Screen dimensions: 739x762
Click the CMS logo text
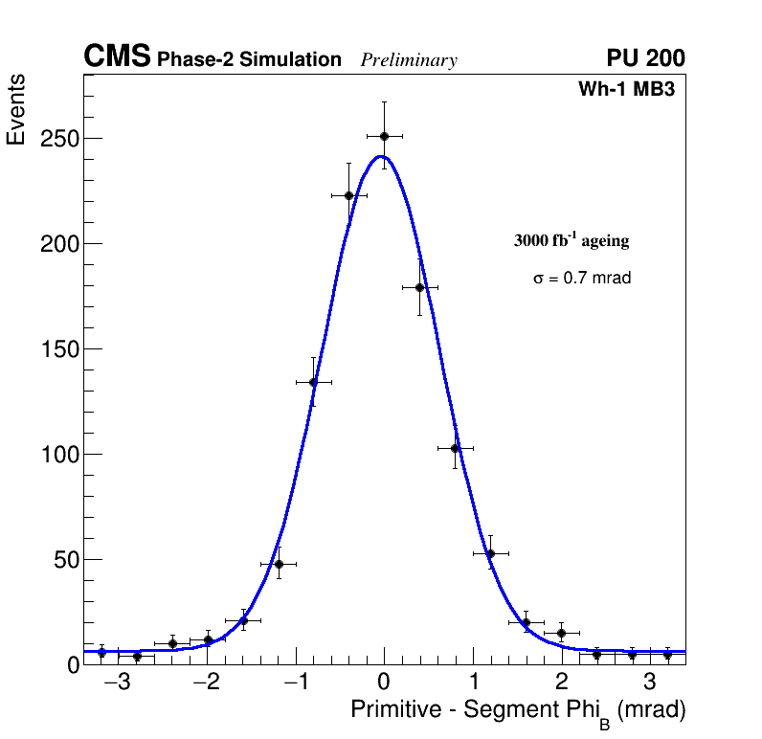(x=117, y=57)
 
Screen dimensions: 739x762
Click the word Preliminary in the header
(x=409, y=60)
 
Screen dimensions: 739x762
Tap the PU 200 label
(x=645, y=58)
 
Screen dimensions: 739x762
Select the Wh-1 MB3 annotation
(x=632, y=90)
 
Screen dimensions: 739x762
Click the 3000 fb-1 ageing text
(x=571, y=240)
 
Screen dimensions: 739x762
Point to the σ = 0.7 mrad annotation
(x=582, y=279)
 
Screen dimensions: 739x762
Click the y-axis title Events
(x=16, y=109)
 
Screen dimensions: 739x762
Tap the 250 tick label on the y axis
(x=59, y=139)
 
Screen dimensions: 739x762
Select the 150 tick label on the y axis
(x=59, y=349)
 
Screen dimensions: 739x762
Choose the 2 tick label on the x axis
(x=561, y=683)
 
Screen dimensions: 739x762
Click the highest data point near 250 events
(x=384, y=136)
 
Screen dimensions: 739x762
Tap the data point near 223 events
(x=348, y=195)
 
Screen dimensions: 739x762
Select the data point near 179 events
(x=419, y=287)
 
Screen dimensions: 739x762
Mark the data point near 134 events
(x=313, y=382)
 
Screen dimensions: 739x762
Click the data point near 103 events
(x=455, y=448)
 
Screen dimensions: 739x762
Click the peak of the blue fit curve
(x=381, y=156)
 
